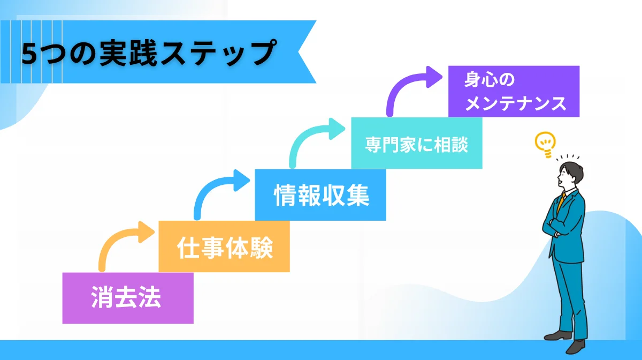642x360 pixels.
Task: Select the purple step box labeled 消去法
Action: coord(127,298)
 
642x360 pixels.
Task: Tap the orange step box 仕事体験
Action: coord(224,247)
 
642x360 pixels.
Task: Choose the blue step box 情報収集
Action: coord(320,195)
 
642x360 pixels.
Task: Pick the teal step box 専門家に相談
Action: coord(416,144)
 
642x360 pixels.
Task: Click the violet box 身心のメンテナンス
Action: coord(514,92)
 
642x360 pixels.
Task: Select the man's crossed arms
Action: coord(556,225)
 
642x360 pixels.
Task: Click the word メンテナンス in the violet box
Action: coord(515,103)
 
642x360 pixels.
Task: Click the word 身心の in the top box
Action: coord(490,80)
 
